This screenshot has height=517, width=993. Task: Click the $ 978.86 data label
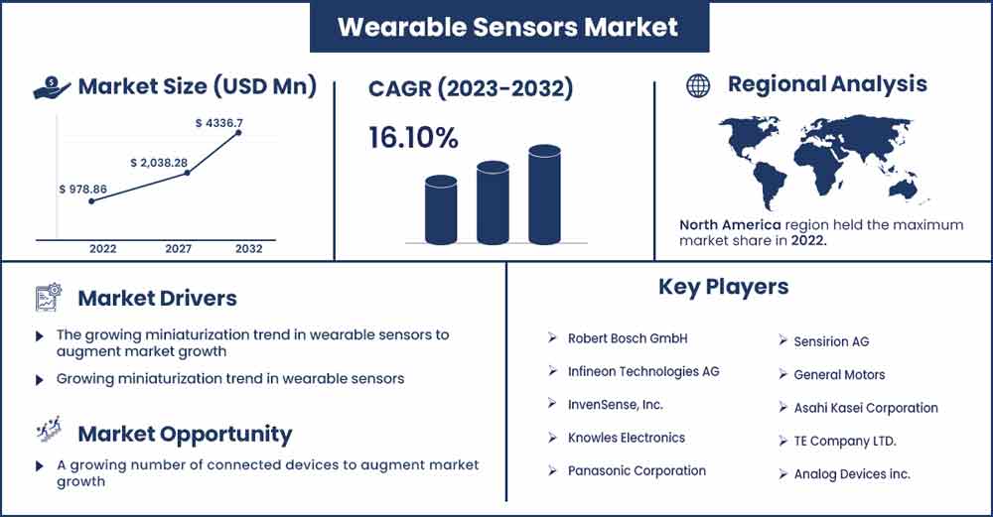83,190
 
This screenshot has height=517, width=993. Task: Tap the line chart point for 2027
187,172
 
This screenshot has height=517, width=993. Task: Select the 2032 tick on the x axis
249,249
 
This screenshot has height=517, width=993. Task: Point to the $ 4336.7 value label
219,123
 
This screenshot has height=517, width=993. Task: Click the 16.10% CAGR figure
413,138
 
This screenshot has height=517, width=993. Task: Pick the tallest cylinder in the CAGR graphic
544,194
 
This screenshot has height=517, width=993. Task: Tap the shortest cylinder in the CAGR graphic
441,210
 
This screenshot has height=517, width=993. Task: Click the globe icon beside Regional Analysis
698,85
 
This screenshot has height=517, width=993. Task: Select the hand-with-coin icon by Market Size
52,87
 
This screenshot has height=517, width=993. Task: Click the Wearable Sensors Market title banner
509,27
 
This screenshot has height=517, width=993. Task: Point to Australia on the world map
903,189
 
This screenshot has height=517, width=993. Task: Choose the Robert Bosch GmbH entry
628,338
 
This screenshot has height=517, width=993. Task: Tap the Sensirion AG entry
831,341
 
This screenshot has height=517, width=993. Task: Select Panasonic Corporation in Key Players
637,470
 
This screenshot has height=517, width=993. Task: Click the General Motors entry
839,375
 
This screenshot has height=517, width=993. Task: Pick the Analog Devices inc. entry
852,474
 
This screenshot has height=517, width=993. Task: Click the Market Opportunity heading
185,434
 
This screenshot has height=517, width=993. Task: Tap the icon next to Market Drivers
49,298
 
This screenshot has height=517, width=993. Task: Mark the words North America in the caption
730,224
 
